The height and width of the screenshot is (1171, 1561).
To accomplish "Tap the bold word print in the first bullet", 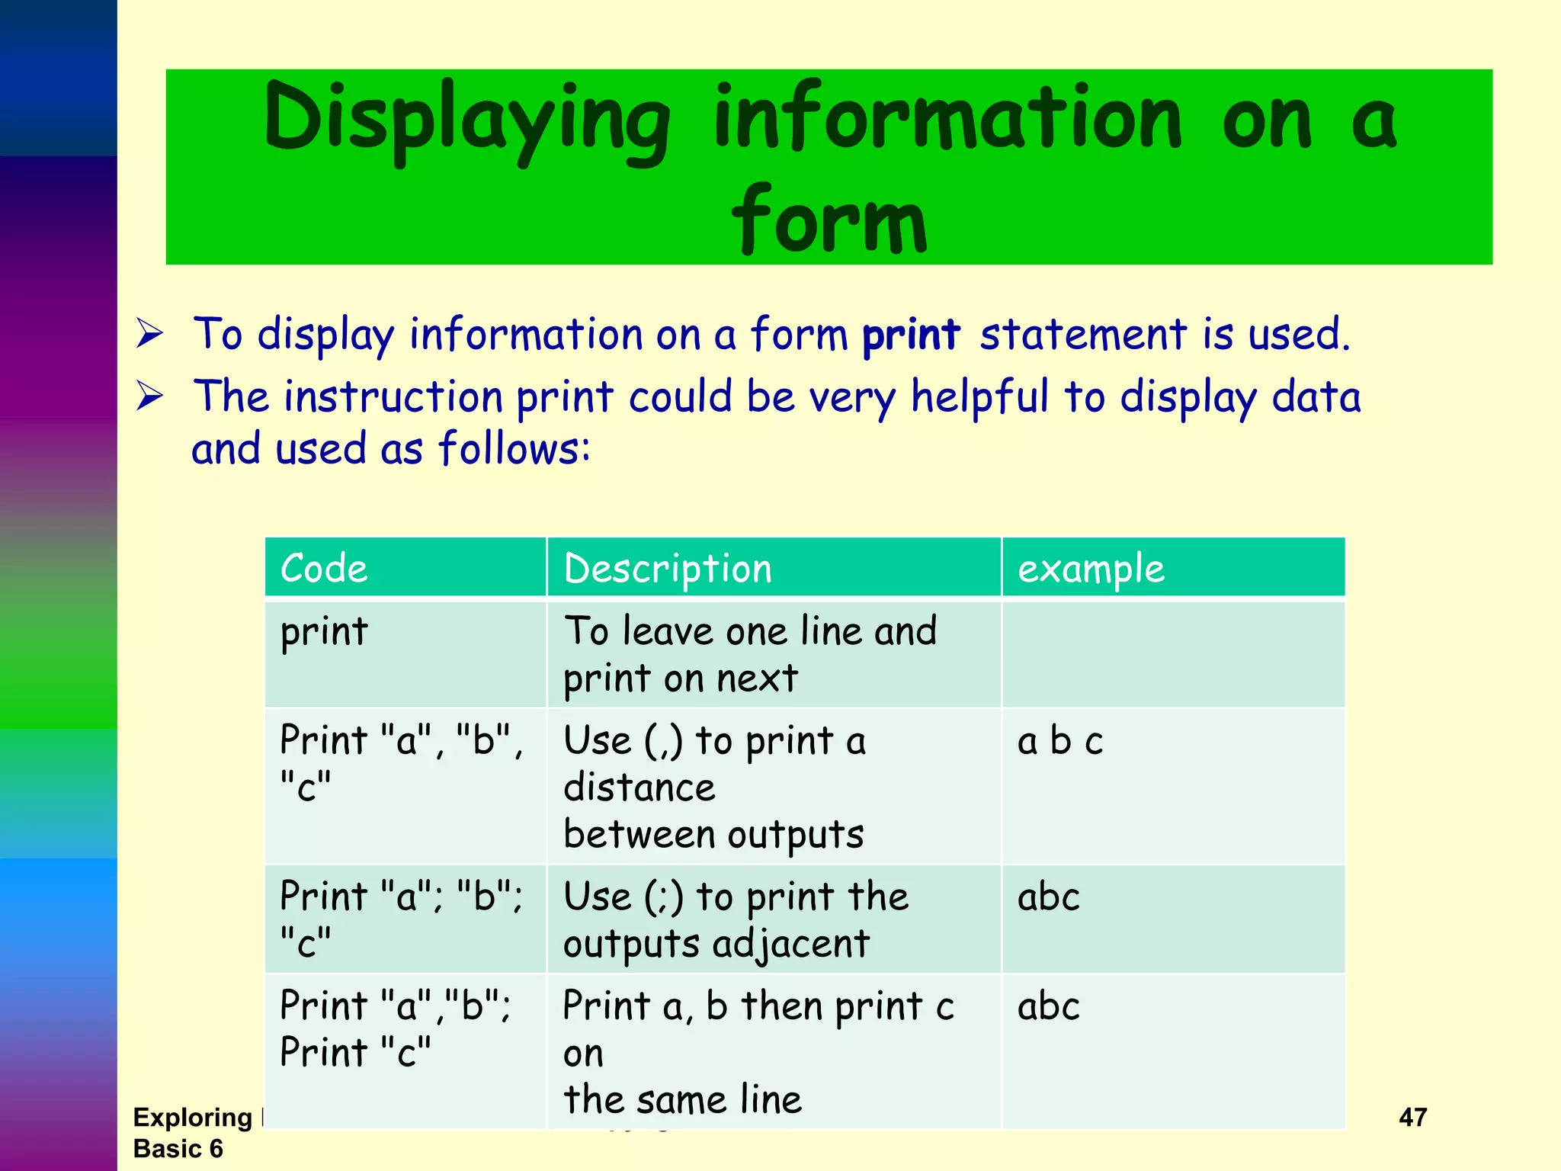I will coord(910,335).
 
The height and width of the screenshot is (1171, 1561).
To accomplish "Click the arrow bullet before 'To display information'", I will coord(149,334).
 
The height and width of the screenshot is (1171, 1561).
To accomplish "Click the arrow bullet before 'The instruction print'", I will coord(149,396).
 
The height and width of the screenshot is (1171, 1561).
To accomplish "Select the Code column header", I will coord(324,569).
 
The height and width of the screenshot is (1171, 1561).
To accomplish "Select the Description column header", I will coord(668,569).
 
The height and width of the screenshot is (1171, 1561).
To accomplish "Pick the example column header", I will coord(1091,569).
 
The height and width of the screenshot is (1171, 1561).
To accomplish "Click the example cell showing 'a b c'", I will coord(1059,741).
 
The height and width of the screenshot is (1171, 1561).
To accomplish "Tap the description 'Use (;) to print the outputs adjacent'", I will coord(735,919).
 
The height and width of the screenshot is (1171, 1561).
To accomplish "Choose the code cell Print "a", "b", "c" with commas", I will coord(402,762).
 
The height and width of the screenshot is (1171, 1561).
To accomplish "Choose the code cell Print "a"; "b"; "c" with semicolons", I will coord(402,919).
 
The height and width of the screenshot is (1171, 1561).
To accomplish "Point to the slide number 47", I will coord(1412,1118).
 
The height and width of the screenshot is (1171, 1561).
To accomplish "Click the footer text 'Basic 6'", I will coord(178,1149).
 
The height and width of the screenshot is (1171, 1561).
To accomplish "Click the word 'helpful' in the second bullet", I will coord(979,397).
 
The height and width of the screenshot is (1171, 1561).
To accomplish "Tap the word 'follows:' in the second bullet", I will coord(514,449).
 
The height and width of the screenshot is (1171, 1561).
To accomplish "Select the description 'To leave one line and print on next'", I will coord(750,654).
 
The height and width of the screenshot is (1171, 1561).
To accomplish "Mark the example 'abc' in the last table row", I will coord(1048,1006).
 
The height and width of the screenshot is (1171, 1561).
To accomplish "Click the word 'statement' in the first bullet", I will coord(1083,335).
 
